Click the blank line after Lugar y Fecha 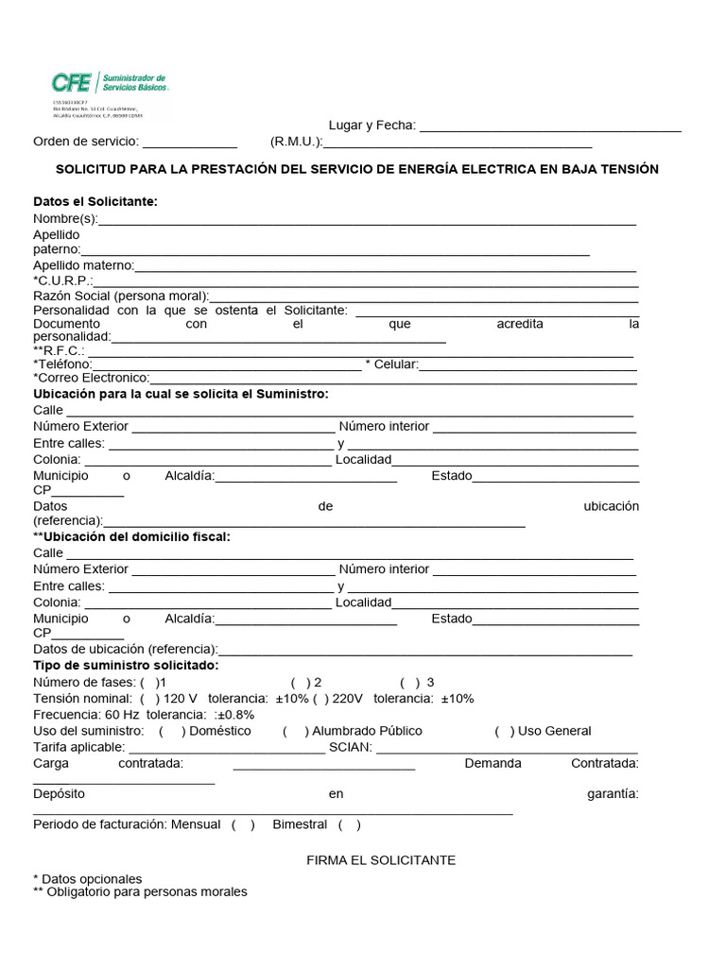pos(550,127)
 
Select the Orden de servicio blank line pos(189,144)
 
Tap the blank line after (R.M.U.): pos(458,144)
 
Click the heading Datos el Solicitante pos(95,201)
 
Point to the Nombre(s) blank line pos(367,221)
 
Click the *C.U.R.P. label pos(62,280)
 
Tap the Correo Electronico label pos(91,378)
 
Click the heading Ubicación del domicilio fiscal pos(131,536)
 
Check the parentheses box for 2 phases pos(301,682)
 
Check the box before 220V pos(321,699)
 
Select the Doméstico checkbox pos(171,731)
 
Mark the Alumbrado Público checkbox pos(295,731)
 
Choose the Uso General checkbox pos(505,731)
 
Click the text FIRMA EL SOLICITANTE pos(381,860)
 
